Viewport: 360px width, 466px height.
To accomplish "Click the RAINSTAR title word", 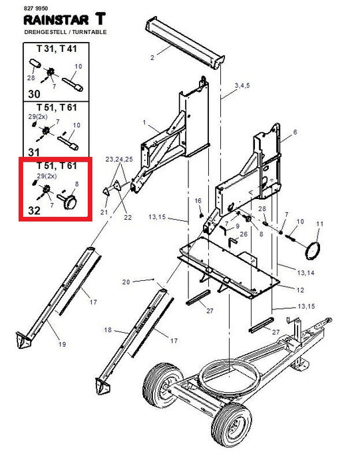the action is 56,20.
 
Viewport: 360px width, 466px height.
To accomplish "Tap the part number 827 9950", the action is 35,8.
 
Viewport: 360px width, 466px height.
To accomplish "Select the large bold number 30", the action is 34,94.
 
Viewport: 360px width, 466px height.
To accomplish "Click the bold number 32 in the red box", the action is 34,210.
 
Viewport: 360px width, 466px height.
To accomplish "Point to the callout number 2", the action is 152,58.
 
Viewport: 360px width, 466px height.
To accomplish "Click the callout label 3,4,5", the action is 242,86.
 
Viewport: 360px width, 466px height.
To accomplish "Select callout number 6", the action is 295,132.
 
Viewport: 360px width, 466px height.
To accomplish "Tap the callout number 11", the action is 319,224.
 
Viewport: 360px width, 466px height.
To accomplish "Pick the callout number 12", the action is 300,290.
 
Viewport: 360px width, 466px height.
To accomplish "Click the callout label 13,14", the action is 306,272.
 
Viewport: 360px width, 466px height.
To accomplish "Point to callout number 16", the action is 198,201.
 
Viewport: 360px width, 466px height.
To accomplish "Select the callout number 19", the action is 62,344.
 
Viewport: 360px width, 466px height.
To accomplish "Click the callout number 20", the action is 126,282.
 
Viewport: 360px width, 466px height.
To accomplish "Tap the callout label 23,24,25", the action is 119,159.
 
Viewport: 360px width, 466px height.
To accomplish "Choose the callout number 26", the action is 244,234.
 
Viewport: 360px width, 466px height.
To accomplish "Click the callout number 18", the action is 108,330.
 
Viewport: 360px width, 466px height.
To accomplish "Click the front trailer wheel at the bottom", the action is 232,425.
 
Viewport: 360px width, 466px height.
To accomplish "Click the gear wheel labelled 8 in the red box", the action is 71,202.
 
